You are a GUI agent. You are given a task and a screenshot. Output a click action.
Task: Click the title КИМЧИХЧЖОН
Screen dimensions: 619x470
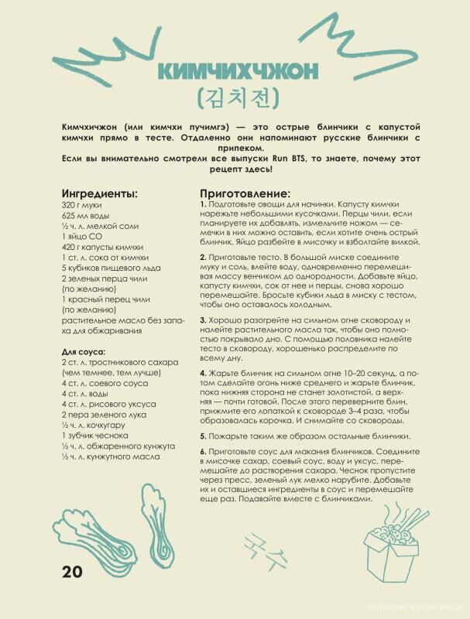[236, 72]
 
